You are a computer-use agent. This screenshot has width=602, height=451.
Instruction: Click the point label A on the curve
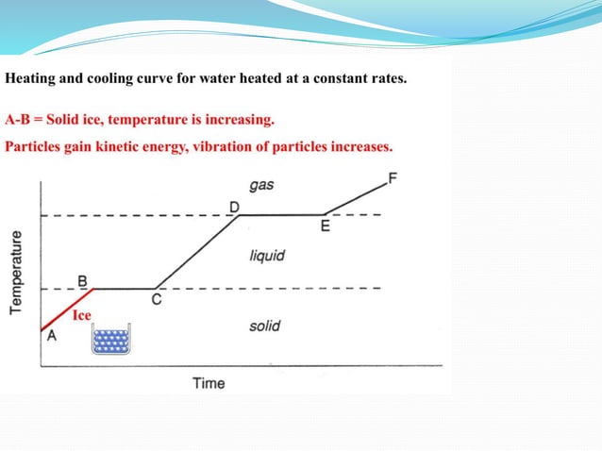point(51,342)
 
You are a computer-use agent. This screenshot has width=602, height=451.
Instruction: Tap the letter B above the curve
point(82,280)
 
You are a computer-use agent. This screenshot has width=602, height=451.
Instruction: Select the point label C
point(156,300)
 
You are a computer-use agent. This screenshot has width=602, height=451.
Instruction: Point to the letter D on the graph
point(234,206)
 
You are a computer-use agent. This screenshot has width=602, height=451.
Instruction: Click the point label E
point(326,226)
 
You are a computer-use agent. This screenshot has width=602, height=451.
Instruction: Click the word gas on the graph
point(261,185)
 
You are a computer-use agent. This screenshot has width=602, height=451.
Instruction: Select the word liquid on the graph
point(267,256)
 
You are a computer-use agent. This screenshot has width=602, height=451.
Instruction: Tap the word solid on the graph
point(264,326)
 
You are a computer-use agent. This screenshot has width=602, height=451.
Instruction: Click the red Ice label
point(82,316)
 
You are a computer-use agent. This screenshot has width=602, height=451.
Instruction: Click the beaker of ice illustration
point(110,340)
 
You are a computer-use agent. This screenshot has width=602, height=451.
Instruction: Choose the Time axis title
point(209,383)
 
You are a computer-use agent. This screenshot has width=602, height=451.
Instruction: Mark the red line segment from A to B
point(66,309)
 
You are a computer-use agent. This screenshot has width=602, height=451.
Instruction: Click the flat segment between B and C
point(123,288)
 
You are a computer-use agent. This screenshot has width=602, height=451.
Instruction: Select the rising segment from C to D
point(196,252)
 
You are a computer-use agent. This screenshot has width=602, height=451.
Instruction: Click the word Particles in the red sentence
point(34,147)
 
